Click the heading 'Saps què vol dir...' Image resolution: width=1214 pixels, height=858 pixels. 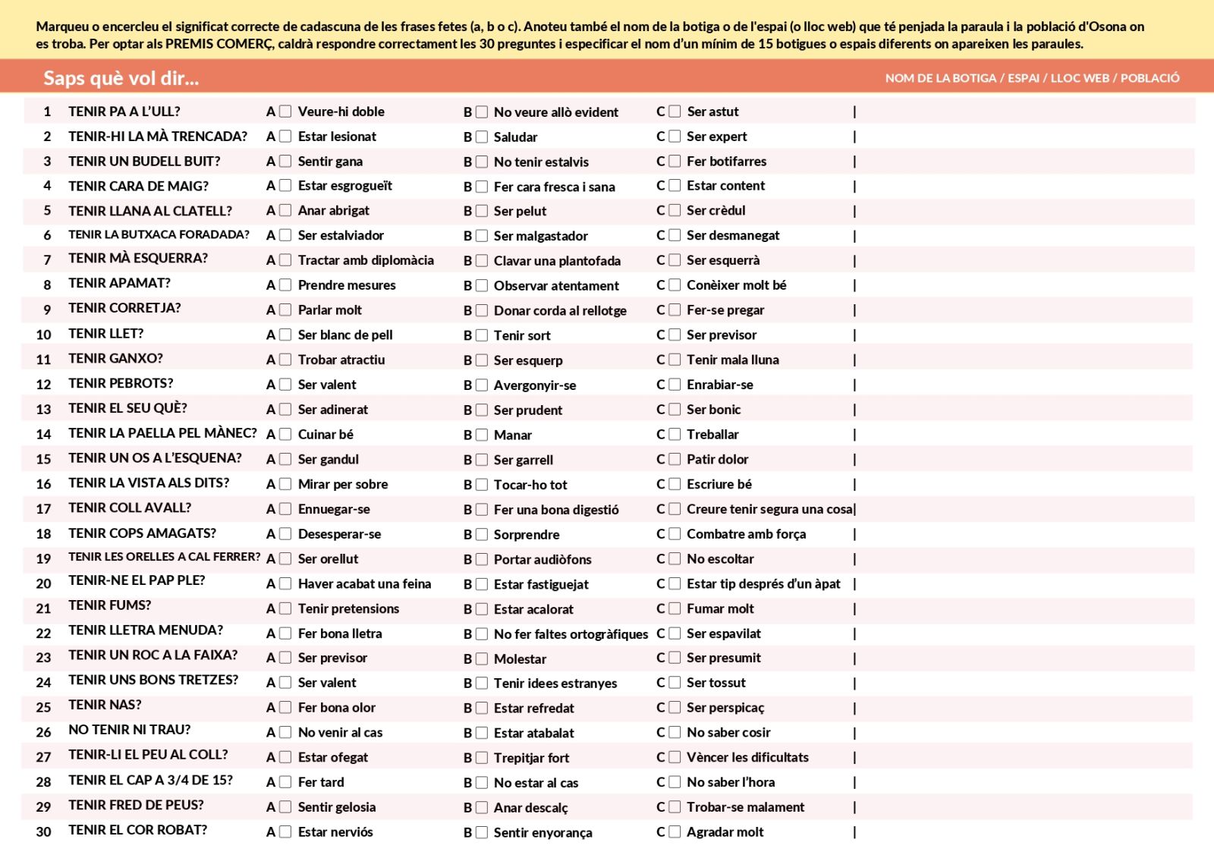coord(121,78)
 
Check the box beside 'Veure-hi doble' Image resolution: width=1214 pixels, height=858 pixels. coord(285,112)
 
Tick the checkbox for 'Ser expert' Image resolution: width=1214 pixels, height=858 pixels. coord(675,137)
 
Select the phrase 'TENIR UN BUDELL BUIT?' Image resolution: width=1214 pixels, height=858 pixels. coord(144,162)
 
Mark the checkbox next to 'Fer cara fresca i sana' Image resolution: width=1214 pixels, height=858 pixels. coord(481,187)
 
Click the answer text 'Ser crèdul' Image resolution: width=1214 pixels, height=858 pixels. coord(716,211)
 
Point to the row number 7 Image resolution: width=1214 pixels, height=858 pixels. coord(47,260)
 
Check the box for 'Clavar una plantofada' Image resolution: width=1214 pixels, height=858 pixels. coord(481,261)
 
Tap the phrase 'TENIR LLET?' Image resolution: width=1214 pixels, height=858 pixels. coord(105,334)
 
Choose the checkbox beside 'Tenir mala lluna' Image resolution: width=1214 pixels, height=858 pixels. coord(675,360)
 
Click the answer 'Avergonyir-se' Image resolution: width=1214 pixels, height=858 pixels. coord(534,385)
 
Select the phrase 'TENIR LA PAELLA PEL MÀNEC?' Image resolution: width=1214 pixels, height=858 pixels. coord(162,433)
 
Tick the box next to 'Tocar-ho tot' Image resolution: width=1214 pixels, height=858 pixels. coord(481,485)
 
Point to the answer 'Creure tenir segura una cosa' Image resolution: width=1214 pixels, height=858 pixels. coord(769,509)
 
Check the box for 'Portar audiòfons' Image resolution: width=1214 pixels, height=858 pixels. coord(481,559)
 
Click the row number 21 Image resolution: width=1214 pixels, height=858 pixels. coord(43,608)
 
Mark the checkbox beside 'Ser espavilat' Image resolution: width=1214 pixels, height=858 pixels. coord(675,633)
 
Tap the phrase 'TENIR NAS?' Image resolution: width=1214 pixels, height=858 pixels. coord(105,705)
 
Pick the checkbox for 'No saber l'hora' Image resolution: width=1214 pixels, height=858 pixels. coord(675,782)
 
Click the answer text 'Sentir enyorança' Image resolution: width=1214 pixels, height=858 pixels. coord(543,832)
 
